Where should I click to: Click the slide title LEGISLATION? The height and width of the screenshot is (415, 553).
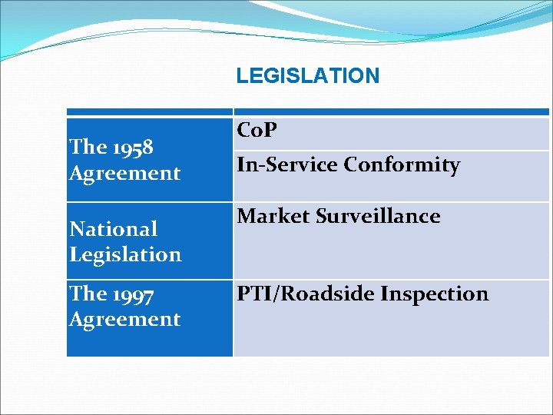click(307, 75)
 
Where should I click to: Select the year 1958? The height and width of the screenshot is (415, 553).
click(131, 146)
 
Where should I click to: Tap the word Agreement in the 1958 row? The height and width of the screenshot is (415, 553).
click(124, 173)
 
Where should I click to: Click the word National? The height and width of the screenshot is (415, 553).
click(113, 228)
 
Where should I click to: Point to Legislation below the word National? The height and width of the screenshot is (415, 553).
click(124, 254)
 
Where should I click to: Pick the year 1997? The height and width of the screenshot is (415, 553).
click(132, 294)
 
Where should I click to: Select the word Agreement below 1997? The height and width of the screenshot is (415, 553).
click(124, 319)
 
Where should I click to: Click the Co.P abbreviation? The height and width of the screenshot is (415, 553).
click(257, 131)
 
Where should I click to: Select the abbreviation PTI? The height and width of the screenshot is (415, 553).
click(253, 294)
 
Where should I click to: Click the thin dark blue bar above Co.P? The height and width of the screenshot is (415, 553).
click(392, 111)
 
